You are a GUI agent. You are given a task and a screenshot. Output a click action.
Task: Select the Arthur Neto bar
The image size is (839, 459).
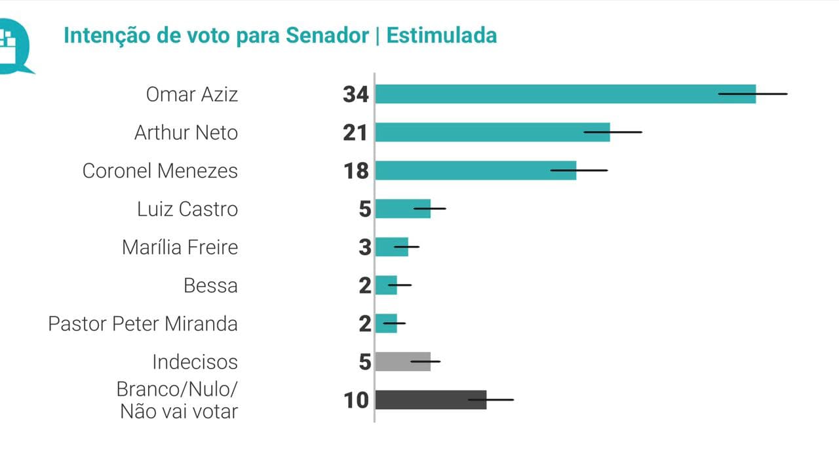(x=492, y=132)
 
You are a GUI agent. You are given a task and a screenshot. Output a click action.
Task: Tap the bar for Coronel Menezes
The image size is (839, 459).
(x=475, y=170)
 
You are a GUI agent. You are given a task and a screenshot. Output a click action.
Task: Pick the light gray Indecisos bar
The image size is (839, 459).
(x=402, y=361)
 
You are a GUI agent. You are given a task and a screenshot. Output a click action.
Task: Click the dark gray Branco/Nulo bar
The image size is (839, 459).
(x=430, y=399)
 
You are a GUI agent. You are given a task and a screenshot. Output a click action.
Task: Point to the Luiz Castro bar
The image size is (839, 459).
(x=402, y=209)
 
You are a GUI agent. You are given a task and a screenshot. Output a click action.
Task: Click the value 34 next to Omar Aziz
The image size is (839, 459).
(x=356, y=94)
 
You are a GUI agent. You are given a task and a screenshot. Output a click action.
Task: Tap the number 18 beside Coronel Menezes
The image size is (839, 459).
(x=356, y=170)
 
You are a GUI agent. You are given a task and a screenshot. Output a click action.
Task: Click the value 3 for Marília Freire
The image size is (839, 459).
(x=365, y=247)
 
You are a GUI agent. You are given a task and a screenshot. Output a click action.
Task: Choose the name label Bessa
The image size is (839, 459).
(x=210, y=285)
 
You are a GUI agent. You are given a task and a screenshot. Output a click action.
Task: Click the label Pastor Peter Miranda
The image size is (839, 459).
(x=143, y=323)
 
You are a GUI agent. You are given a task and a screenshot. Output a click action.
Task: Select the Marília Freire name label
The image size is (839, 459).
(x=180, y=247)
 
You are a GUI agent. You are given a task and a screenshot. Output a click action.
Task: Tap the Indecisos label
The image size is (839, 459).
(x=195, y=361)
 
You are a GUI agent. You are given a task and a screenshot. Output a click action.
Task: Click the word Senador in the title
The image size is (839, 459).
(x=327, y=35)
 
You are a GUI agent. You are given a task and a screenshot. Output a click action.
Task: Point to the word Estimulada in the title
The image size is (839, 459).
(x=442, y=35)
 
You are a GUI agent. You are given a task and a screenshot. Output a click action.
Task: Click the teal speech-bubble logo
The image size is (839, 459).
(x=14, y=46)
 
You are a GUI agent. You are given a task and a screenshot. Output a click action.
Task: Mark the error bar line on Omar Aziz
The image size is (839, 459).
(x=752, y=94)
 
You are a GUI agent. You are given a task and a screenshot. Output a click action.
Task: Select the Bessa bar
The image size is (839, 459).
(x=386, y=285)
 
